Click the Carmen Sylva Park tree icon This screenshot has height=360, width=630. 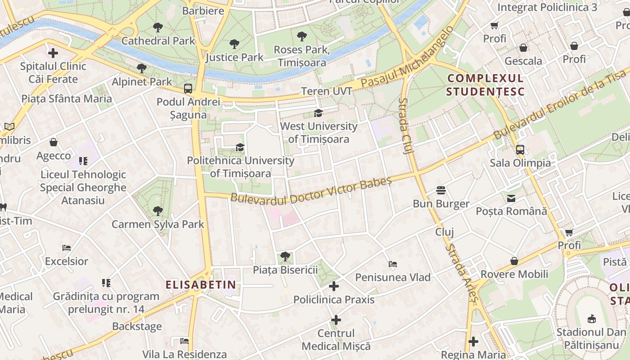(x=157, y=211)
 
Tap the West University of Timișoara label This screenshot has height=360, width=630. (x=319, y=133)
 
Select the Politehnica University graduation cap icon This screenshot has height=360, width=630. (x=240, y=148)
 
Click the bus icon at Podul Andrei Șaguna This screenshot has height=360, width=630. (x=188, y=89)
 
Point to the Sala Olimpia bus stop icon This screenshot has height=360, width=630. (x=520, y=150)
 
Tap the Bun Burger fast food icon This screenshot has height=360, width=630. (x=441, y=190)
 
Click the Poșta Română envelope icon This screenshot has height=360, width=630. (x=511, y=198)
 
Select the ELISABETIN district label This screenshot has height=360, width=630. (x=201, y=284)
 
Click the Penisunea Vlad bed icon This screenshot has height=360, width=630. (x=393, y=264)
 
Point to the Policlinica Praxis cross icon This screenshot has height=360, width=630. (x=334, y=286)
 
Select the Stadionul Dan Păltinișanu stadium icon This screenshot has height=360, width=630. (x=592, y=319)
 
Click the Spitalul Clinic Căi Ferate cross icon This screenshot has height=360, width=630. (x=53, y=53)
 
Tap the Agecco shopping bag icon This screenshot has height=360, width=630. (x=54, y=143)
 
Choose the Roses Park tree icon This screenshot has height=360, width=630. (x=302, y=36)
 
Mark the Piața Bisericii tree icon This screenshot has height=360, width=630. (x=285, y=256)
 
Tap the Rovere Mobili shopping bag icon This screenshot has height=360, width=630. (x=514, y=261)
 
